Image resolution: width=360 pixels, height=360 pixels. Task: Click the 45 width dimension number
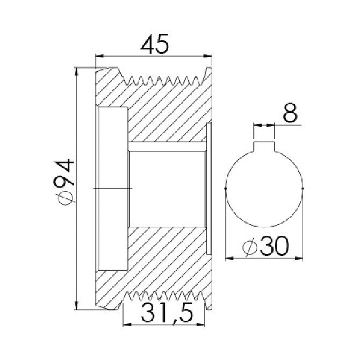(155, 44)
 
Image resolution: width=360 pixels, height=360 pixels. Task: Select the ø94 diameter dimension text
(64, 182)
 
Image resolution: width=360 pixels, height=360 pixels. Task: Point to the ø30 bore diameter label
(265, 246)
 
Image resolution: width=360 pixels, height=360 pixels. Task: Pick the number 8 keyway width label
(290, 113)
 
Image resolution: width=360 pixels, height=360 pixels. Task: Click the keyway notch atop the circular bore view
(264, 147)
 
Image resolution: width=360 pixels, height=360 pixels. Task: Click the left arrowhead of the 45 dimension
(99, 56)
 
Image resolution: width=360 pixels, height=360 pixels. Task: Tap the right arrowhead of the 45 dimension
(207, 56)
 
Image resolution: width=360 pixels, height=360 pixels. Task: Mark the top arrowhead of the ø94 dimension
(77, 71)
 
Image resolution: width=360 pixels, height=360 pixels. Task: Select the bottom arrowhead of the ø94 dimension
(77, 305)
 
